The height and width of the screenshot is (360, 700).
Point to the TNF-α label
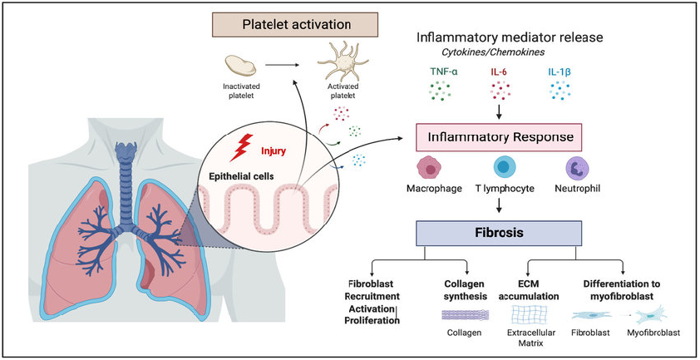444,72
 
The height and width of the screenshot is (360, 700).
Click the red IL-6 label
498,72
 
